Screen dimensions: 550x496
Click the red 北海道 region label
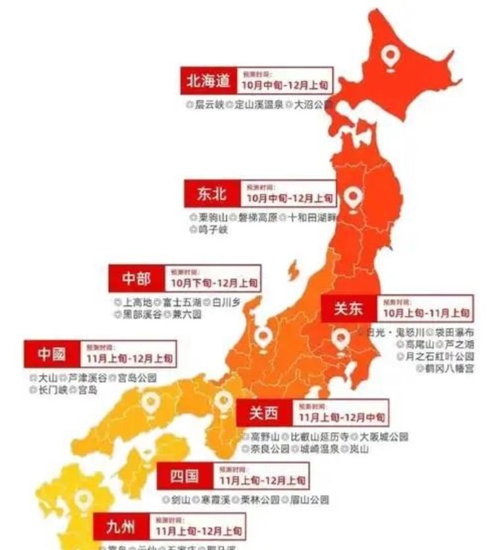[208, 81]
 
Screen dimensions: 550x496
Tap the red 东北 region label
[211, 194]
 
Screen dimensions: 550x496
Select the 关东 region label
[348, 308]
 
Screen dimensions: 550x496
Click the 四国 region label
[185, 476]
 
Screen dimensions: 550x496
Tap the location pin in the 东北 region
[354, 196]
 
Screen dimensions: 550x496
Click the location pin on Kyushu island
[82, 501]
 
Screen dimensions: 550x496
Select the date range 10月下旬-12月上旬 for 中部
[214, 283]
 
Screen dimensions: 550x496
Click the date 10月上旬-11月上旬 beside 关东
[426, 313]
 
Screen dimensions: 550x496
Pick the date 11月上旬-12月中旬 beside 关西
[342, 418]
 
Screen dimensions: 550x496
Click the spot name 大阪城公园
[383, 437]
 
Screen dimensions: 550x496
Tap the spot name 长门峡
[53, 390]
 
